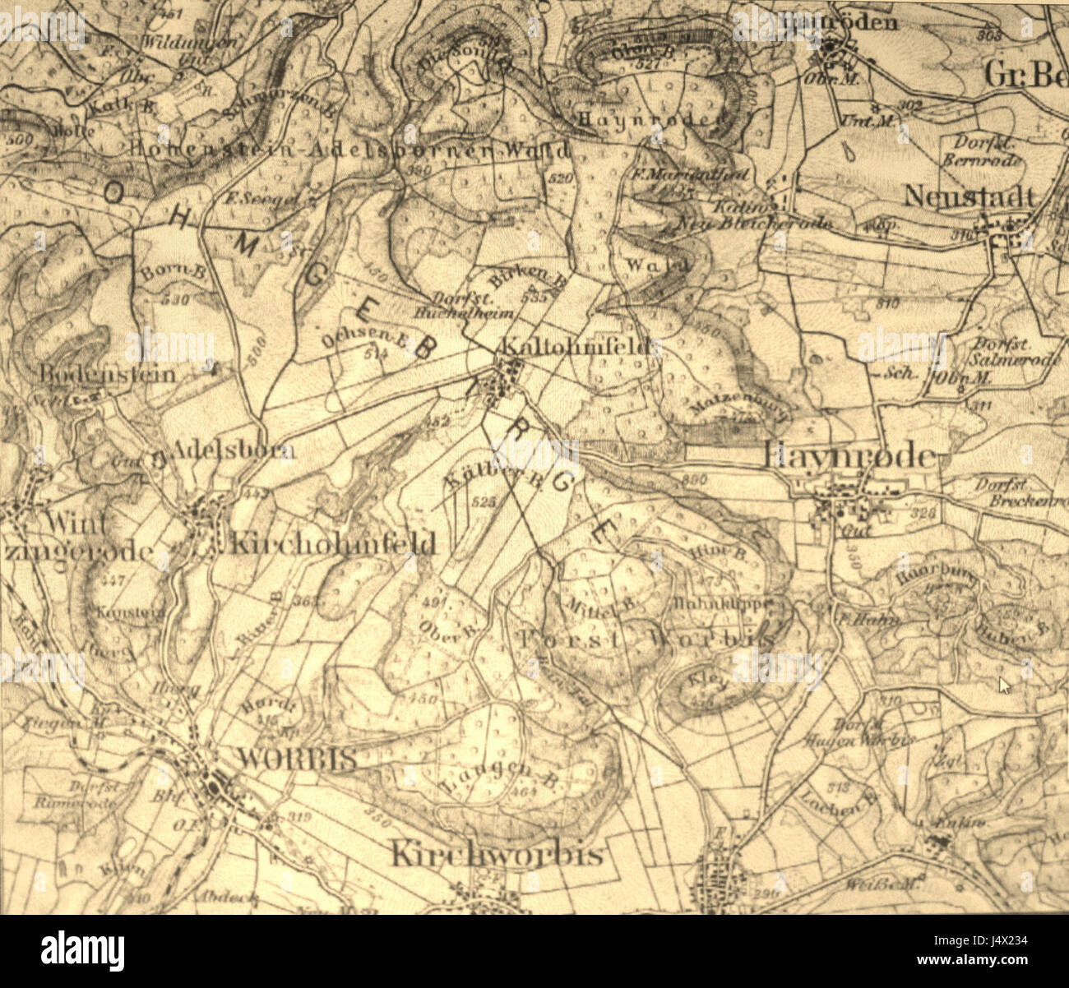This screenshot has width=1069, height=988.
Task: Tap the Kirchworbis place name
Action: [496, 854]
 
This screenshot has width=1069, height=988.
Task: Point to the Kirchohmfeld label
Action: [332, 543]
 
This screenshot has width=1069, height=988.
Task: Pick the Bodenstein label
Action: [107, 374]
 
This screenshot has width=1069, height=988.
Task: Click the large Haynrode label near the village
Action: [850, 457]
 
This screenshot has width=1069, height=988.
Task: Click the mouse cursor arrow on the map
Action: [1002, 684]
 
